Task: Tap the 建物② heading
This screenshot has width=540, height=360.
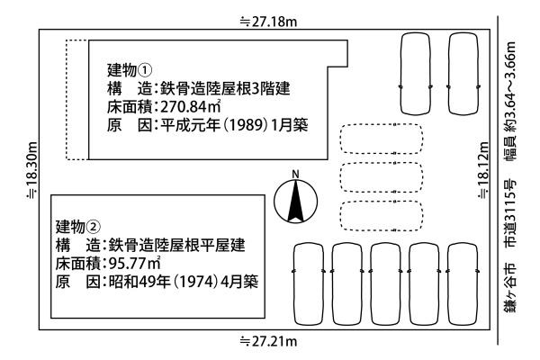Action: point(77,225)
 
